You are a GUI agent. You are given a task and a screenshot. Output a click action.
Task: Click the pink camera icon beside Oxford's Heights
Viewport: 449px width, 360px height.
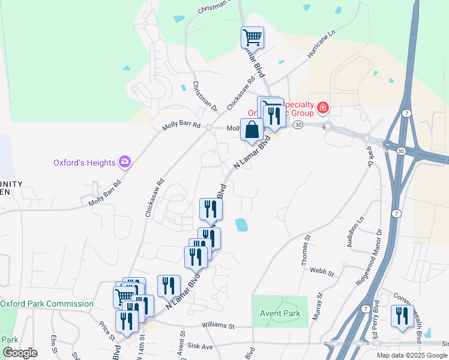[x=125, y=161]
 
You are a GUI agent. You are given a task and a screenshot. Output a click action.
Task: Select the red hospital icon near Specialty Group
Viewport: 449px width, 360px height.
[x=323, y=108]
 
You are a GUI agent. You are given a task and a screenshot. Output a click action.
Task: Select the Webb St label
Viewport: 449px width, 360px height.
[x=322, y=272]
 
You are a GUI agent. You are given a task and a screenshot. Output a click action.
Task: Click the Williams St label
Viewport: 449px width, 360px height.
[x=218, y=326]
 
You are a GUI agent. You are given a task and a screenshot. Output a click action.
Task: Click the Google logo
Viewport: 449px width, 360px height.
[x=20, y=353]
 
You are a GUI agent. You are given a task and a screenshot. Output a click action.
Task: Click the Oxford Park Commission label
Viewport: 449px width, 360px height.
[x=47, y=304]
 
